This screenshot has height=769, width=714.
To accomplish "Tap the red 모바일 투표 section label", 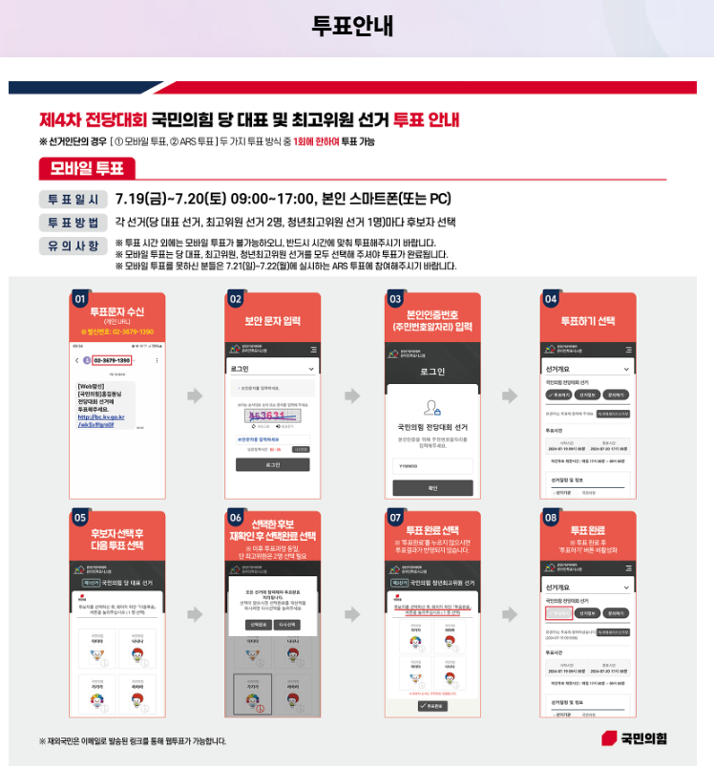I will [87, 169].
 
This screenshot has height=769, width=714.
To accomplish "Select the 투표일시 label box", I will [73, 200].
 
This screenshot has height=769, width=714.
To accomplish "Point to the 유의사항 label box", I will [73, 246].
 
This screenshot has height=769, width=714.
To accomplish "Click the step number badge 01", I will [79, 300].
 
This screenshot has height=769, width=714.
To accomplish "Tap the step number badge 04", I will [551, 300].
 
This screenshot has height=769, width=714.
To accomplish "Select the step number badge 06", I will [236, 518].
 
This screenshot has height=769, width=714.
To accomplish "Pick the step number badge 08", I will [551, 518].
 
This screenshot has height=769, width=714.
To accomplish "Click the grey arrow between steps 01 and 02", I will [195, 395].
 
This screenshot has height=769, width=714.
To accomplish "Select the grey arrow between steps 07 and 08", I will [509, 613].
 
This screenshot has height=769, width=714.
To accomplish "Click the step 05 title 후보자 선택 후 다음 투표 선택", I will [117, 539].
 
